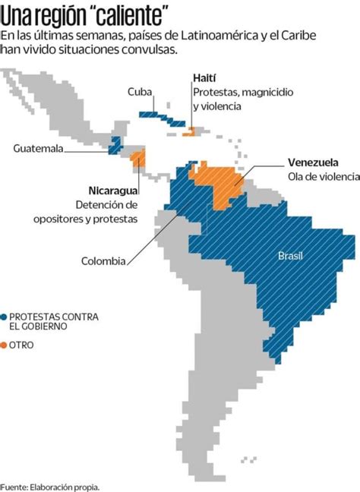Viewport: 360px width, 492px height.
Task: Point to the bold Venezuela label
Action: click(x=313, y=162)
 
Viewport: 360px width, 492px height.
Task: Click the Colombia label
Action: click(x=103, y=261)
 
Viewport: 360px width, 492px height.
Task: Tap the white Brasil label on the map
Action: click(x=290, y=255)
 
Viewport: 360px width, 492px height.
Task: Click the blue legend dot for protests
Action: click(x=5, y=316)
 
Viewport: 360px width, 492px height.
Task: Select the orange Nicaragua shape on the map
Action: click(x=138, y=158)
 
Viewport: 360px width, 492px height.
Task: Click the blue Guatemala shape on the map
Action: click(x=115, y=144)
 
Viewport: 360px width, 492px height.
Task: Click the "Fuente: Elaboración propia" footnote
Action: click(x=50, y=485)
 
